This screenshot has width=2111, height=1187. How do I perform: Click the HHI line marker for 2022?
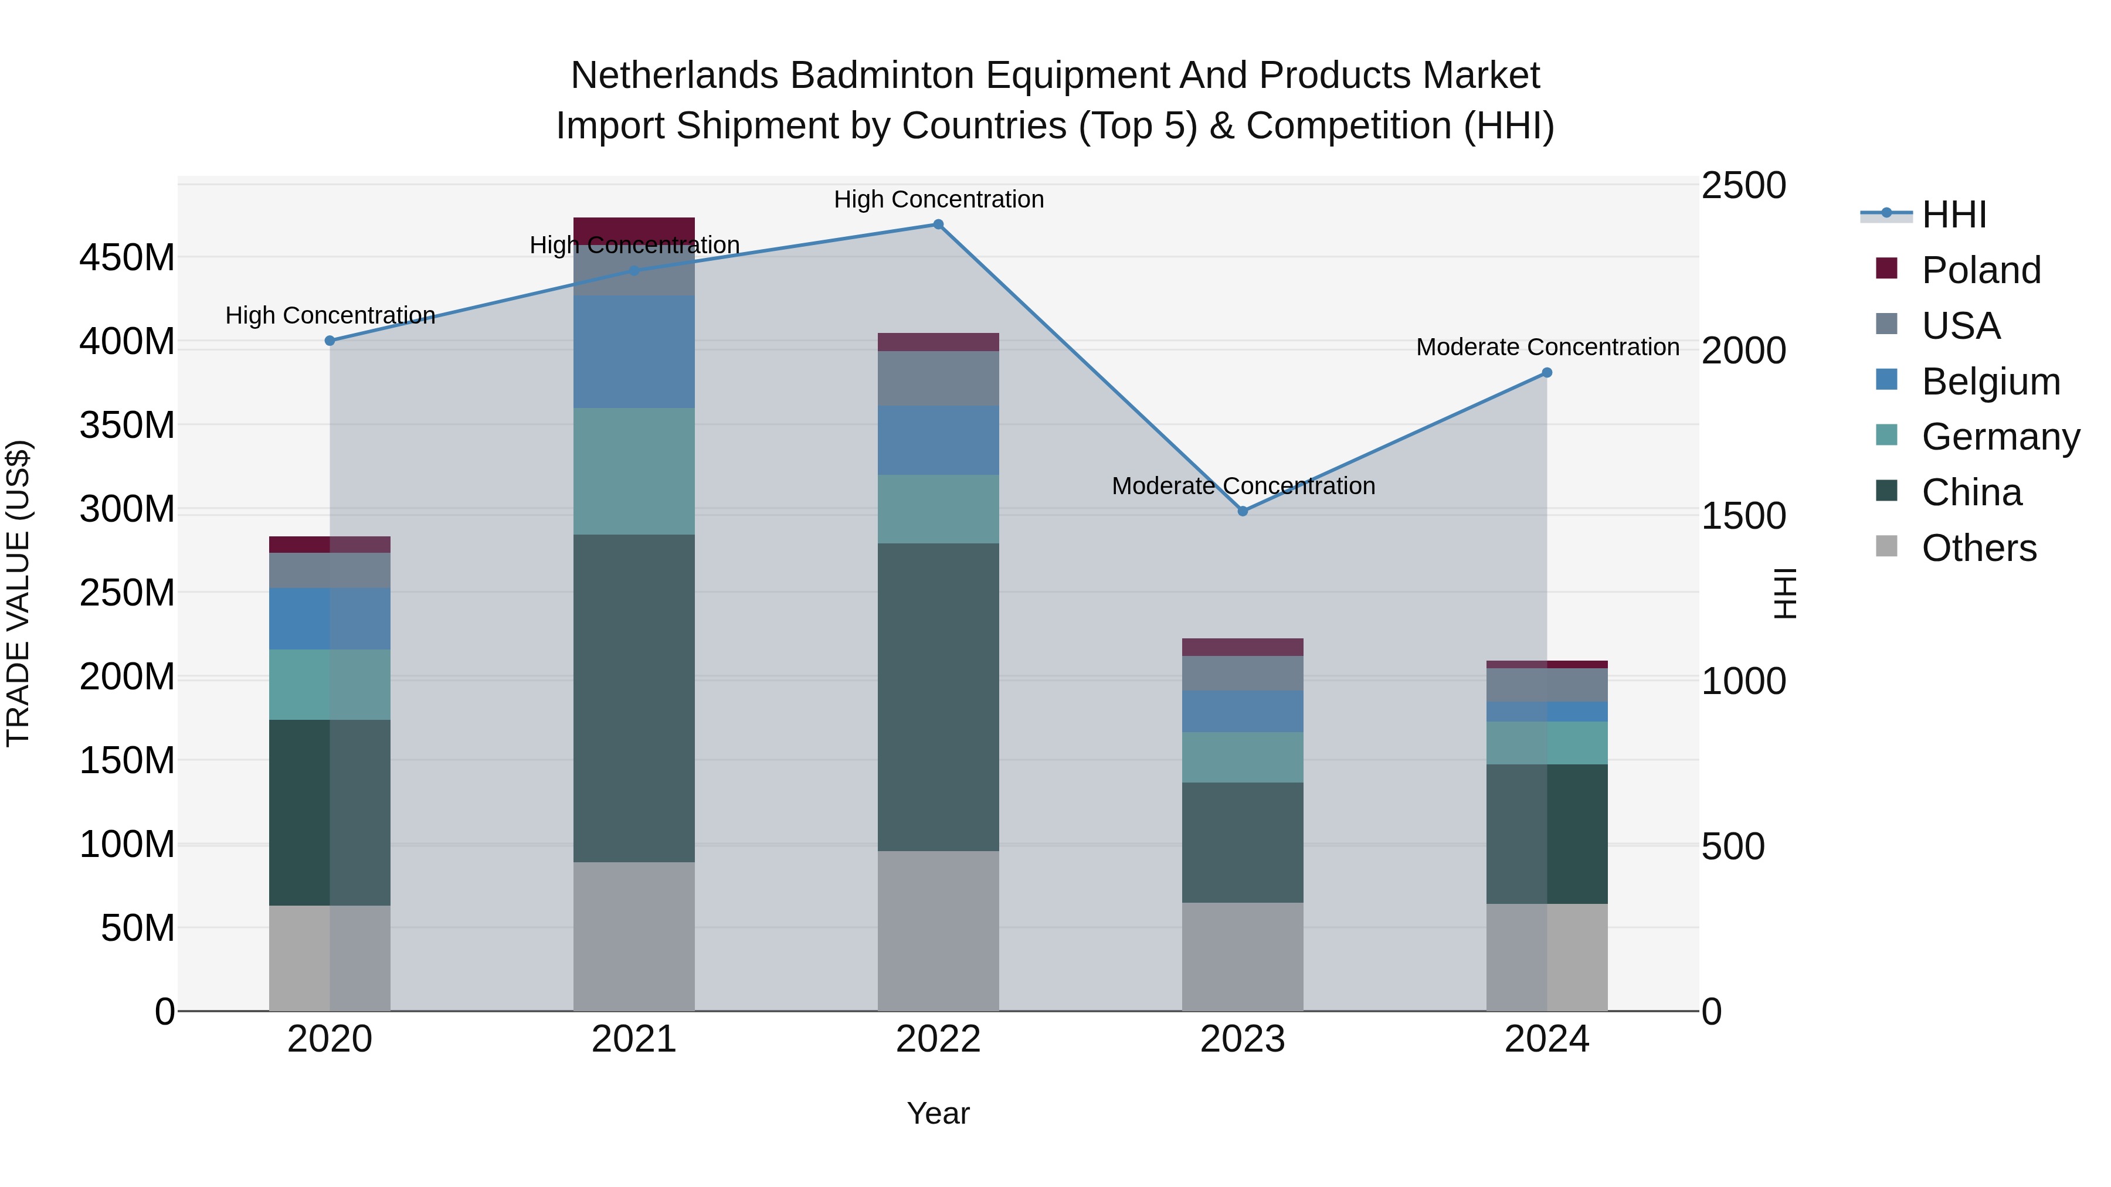938,225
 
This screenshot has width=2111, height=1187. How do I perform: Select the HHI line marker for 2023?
1243,511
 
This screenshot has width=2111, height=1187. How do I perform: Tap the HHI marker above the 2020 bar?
330,341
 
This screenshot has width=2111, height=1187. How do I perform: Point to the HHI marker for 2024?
1546,373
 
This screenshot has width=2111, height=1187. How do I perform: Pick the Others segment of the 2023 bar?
1243,956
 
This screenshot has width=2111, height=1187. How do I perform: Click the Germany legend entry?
2000,437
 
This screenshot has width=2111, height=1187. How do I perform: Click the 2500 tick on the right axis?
1743,185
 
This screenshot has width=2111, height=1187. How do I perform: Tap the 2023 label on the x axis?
1243,1039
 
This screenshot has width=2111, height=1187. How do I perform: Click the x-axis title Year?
938,1113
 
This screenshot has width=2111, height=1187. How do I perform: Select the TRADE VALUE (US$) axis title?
18,593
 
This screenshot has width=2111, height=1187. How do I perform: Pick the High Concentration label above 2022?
938,199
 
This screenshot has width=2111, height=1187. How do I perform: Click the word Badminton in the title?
883,76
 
